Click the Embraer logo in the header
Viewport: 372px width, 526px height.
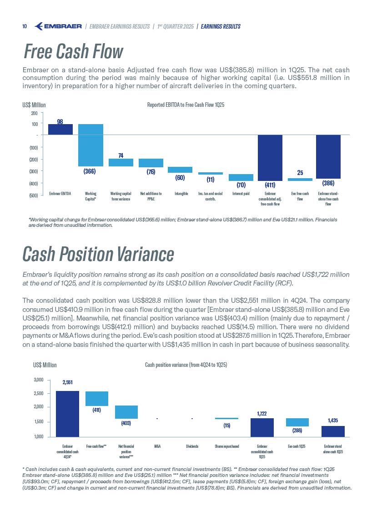58,26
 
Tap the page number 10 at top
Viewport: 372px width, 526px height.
25,26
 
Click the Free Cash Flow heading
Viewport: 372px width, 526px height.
73,52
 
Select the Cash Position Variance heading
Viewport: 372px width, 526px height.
98,254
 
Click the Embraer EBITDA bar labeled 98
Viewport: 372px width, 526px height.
60,130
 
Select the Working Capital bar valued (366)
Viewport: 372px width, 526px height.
90,145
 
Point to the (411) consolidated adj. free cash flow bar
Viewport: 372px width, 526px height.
270,157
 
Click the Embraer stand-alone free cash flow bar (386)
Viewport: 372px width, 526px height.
328,156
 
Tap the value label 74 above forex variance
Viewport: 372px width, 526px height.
121,155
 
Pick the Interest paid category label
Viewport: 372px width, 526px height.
241,194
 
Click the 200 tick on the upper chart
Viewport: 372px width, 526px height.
34,113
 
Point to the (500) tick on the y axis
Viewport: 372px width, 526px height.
33,195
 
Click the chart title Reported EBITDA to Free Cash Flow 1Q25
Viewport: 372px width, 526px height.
186,105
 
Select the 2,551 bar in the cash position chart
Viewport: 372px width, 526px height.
67,413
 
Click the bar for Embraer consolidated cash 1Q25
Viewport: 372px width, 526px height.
262,427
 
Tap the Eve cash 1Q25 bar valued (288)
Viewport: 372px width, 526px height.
297,422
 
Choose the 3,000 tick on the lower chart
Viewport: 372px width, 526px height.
39,380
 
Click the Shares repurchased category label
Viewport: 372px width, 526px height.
227,446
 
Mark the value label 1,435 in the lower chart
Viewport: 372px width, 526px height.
332,421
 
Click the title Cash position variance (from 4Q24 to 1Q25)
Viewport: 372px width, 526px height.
186,365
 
